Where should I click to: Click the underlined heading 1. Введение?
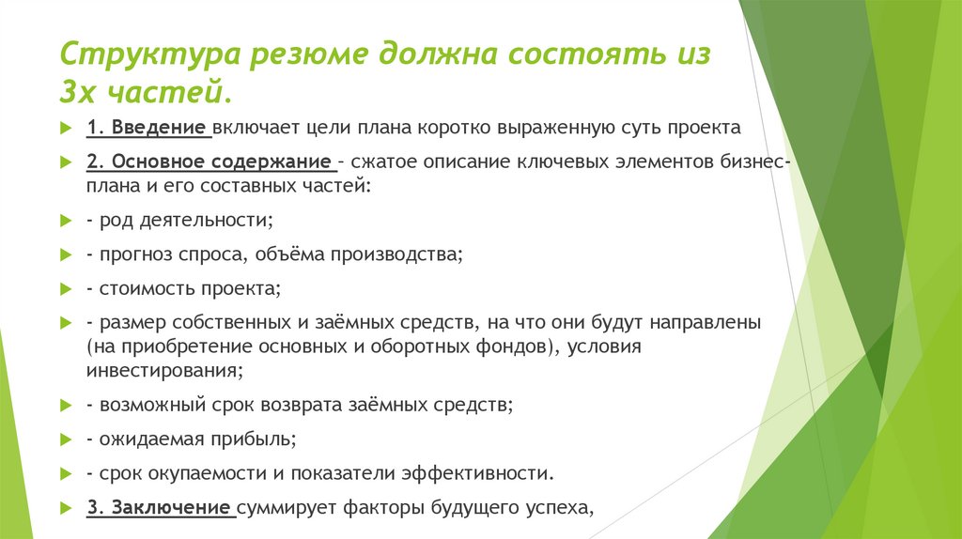point(147,127)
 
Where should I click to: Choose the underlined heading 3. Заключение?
point(160,509)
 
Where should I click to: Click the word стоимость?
point(143,288)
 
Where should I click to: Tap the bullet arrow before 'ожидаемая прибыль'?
point(65,439)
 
